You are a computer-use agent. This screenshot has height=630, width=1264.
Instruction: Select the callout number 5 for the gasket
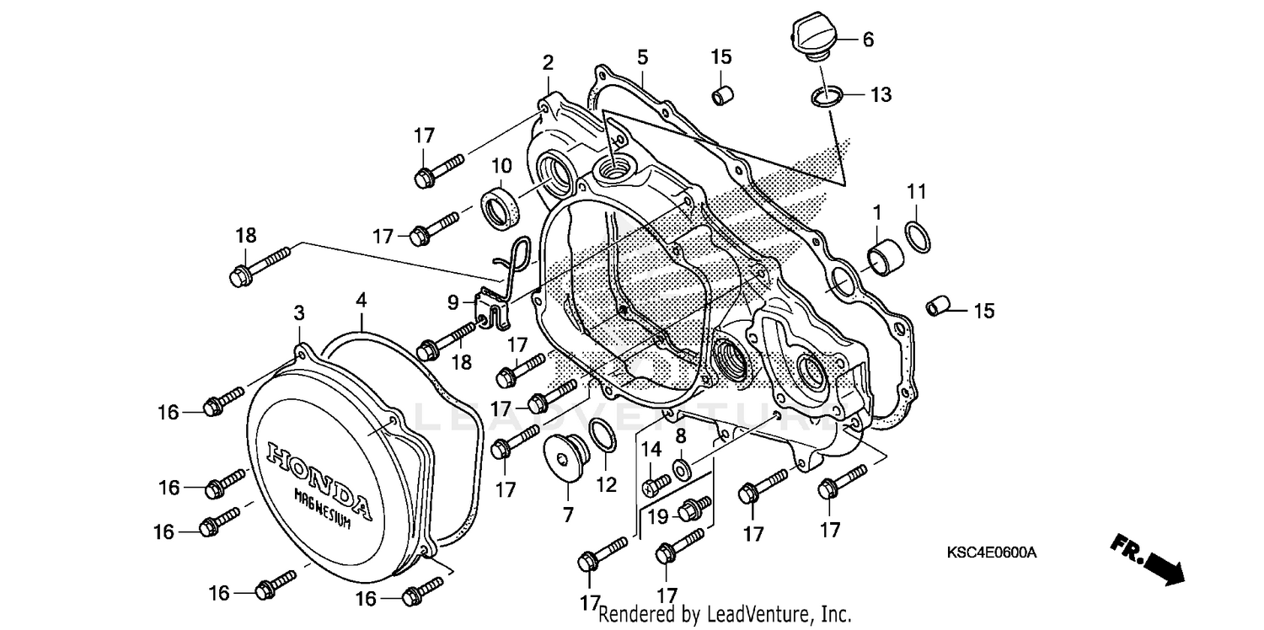[642, 57]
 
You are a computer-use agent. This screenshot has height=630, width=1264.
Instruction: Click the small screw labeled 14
[656, 485]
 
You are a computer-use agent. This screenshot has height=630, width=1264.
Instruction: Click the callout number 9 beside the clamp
[453, 301]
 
